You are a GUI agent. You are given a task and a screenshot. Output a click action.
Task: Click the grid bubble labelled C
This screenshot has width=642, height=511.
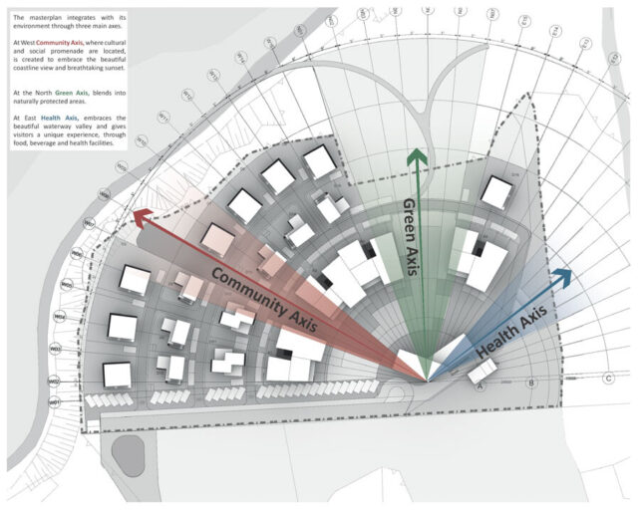pyautogui.click(x=608, y=379)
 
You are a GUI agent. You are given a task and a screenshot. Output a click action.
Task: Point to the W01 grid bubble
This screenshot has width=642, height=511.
pyautogui.click(x=56, y=401)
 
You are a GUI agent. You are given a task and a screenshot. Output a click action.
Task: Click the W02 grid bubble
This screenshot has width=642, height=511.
pyautogui.click(x=56, y=382)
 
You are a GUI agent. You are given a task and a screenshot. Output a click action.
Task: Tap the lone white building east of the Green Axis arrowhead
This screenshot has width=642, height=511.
pyautogui.click(x=495, y=192)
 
